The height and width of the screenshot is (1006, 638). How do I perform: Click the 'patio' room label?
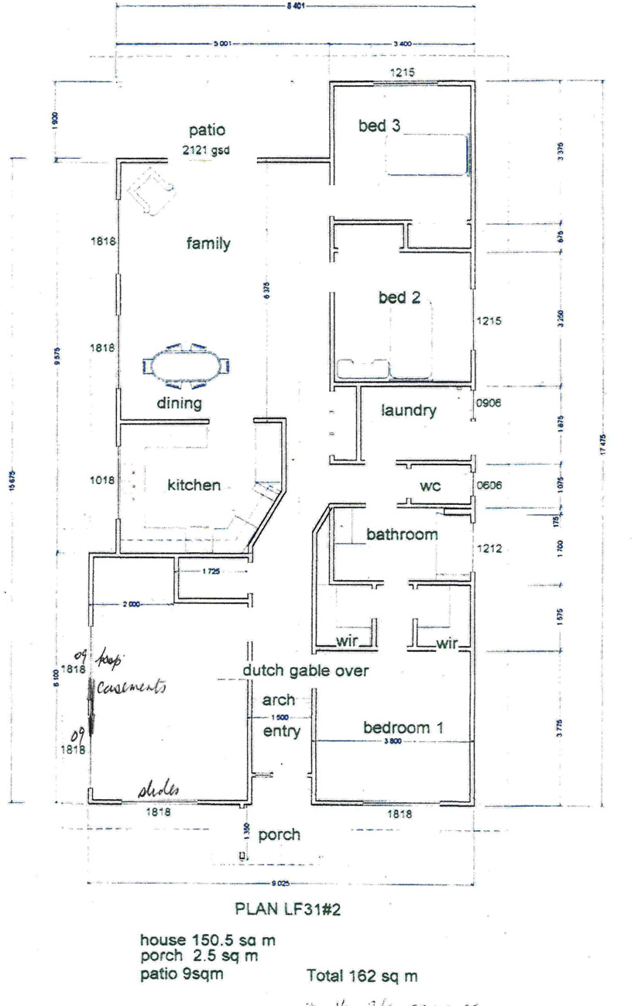[x=207, y=129]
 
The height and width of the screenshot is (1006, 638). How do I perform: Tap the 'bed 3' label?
[x=379, y=125]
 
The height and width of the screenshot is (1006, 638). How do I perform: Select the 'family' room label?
[x=208, y=244]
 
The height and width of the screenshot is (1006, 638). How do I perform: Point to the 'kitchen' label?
[x=194, y=486]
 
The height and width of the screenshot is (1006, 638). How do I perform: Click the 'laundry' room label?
[x=409, y=410]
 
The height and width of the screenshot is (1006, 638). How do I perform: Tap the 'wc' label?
[x=430, y=487]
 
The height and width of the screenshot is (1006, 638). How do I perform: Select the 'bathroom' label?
[x=402, y=534]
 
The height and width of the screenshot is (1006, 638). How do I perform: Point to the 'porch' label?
[x=279, y=835]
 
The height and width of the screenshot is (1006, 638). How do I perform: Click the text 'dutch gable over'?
[x=305, y=671]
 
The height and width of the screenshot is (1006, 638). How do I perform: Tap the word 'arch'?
[x=279, y=700]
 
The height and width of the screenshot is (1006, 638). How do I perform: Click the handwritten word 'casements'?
[x=132, y=687]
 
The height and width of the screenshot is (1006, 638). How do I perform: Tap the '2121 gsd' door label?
[x=207, y=150]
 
